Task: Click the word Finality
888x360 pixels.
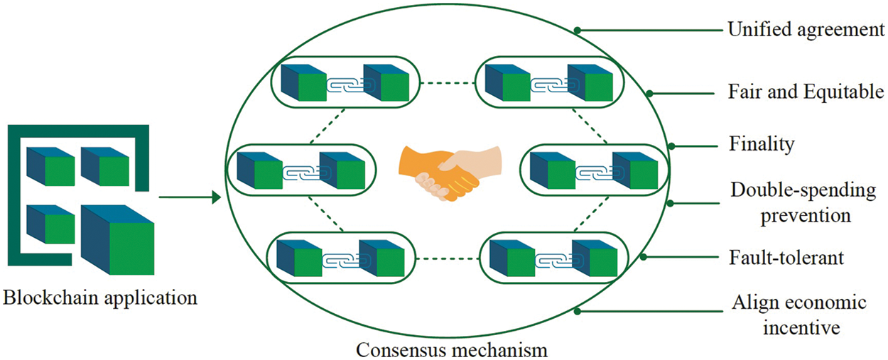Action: [762, 144]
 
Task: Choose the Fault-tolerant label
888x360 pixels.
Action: [788, 257]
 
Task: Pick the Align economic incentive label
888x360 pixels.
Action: [799, 315]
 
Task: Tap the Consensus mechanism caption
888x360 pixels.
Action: [452, 350]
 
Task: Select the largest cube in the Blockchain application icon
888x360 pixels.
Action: [118, 238]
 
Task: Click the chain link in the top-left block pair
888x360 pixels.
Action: [344, 84]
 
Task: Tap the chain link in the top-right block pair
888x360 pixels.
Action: [549, 84]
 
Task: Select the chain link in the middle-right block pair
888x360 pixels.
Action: [593, 173]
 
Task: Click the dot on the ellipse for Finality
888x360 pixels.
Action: [671, 147]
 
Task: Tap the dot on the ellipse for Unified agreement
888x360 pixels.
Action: [577, 31]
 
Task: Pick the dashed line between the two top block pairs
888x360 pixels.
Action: [448, 83]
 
